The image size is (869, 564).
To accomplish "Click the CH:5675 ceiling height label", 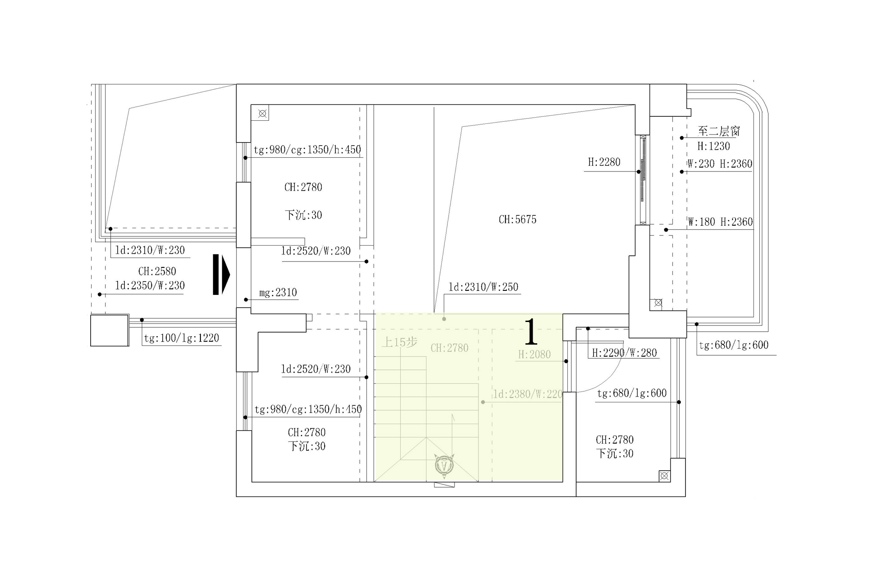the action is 518,219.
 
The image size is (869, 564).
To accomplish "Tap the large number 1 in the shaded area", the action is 531,332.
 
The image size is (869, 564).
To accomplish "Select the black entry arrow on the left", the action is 221,274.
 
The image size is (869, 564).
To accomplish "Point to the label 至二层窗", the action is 719,131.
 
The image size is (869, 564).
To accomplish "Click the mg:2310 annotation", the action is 278,292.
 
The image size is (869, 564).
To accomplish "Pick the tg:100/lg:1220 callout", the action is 182,338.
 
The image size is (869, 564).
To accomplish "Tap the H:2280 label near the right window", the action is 604,162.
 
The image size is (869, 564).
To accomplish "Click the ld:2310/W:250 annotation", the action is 483,287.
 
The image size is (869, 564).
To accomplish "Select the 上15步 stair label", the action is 400,342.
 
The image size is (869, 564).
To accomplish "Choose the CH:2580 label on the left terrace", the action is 157,271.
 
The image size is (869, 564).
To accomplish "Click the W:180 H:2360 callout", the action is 720,222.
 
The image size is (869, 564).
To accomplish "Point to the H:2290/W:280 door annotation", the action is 625,353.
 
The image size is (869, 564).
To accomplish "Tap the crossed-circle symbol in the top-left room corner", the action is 262,113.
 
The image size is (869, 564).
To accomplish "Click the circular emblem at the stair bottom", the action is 444,465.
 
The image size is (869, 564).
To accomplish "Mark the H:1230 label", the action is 714,146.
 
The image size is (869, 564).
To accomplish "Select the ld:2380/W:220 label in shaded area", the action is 528,394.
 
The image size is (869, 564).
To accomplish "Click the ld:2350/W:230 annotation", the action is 150,286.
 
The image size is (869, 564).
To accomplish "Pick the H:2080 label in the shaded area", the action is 534,354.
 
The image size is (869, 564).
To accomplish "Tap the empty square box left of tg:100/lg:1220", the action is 110,330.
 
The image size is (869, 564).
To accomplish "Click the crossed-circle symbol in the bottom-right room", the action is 664,476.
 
